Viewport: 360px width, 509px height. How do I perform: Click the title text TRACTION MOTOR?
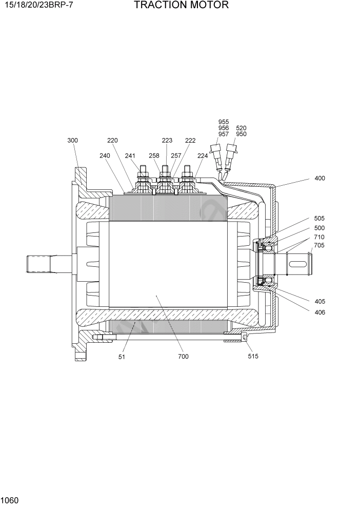[x=181, y=6]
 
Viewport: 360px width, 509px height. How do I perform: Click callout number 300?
[x=72, y=140]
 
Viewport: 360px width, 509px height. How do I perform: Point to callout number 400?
[x=319, y=179]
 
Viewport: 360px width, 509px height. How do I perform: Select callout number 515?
[x=253, y=356]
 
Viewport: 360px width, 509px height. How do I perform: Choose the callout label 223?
[x=167, y=140]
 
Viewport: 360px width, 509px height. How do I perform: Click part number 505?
[x=319, y=218]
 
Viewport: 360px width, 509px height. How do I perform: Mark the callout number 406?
[x=319, y=312]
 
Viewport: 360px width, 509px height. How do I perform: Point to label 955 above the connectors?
[x=224, y=122]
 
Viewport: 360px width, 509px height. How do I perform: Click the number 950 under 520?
[x=241, y=134]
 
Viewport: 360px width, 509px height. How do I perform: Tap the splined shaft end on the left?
[x=41, y=263]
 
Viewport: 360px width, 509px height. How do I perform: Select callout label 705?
[x=319, y=245]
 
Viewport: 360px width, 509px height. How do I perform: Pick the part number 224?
[x=202, y=155]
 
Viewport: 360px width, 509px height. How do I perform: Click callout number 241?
[x=130, y=155]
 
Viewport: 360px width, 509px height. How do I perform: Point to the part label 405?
[x=319, y=301]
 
